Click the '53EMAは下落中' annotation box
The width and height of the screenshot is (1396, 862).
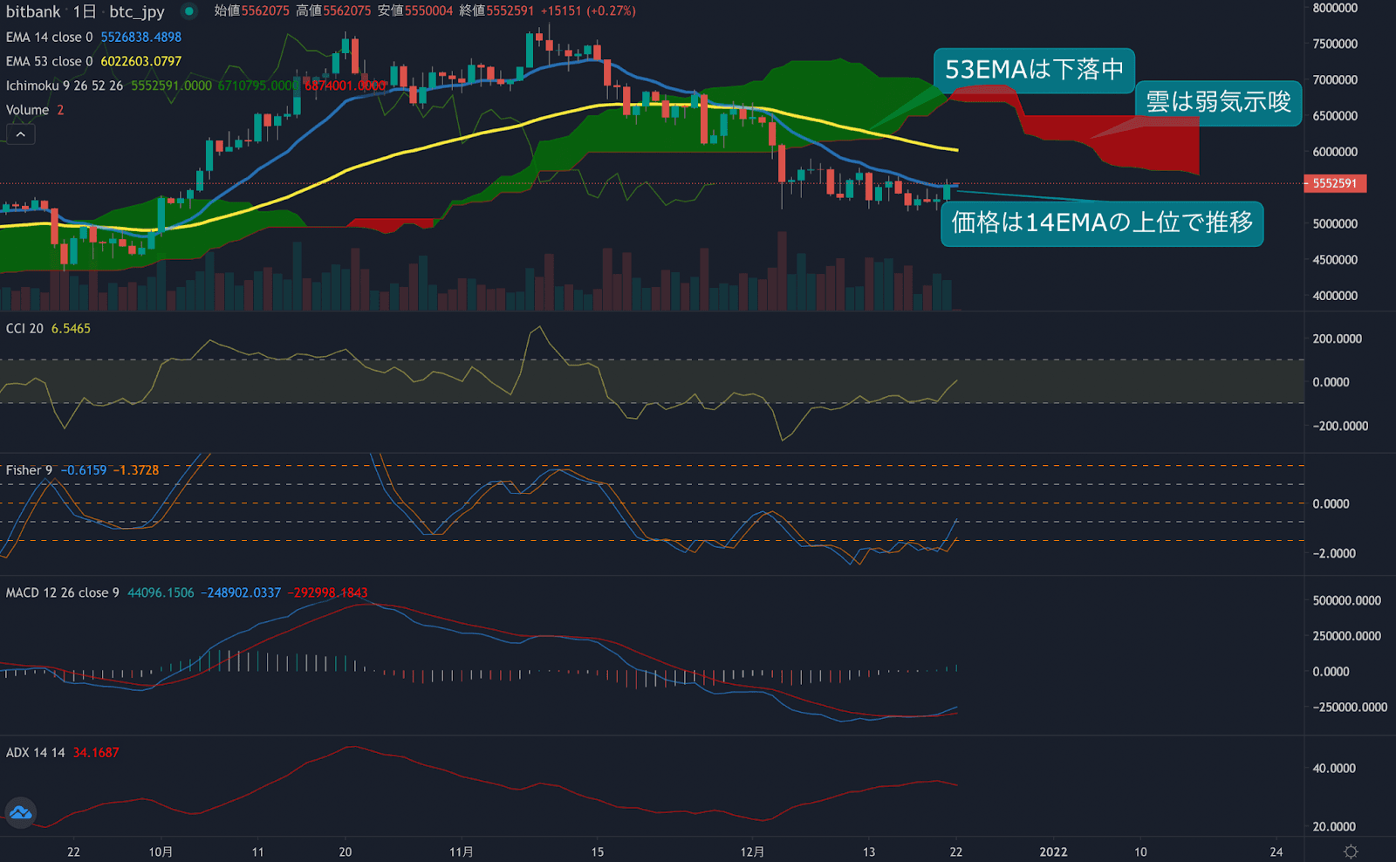pyautogui.click(x=1034, y=69)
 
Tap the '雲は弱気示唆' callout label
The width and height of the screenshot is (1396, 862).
pyautogui.click(x=1217, y=102)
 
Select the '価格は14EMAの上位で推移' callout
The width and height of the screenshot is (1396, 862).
pyautogui.click(x=1101, y=223)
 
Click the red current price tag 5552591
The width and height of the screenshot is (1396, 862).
pyautogui.click(x=1334, y=183)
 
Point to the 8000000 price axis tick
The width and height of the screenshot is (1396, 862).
pyautogui.click(x=1335, y=8)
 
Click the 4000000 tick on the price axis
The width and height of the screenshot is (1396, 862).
pyautogui.click(x=1335, y=296)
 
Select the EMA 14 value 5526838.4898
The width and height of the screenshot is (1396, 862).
pyautogui.click(x=140, y=37)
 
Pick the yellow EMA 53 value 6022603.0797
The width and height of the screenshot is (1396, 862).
pyautogui.click(x=140, y=61)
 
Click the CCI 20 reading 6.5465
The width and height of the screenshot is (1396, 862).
pyautogui.click(x=71, y=328)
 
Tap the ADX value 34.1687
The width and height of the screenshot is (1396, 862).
pyautogui.click(x=95, y=752)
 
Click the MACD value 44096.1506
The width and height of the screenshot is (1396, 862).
pyautogui.click(x=161, y=592)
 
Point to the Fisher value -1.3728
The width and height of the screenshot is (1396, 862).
pyautogui.click(x=136, y=469)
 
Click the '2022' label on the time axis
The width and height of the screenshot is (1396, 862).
pyautogui.click(x=1053, y=852)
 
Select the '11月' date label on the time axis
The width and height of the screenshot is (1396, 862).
pyautogui.click(x=462, y=852)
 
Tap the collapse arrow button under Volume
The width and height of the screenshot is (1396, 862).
pyautogui.click(x=21, y=133)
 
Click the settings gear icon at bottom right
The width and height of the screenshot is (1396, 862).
pyautogui.click(x=1351, y=852)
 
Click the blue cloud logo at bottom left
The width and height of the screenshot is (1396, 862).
pyautogui.click(x=20, y=813)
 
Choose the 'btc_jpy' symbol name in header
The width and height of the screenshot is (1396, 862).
pyautogui.click(x=137, y=11)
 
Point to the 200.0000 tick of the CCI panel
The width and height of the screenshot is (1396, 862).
pyautogui.click(x=1337, y=339)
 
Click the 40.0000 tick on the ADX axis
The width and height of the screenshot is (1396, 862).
pyautogui.click(x=1334, y=768)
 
